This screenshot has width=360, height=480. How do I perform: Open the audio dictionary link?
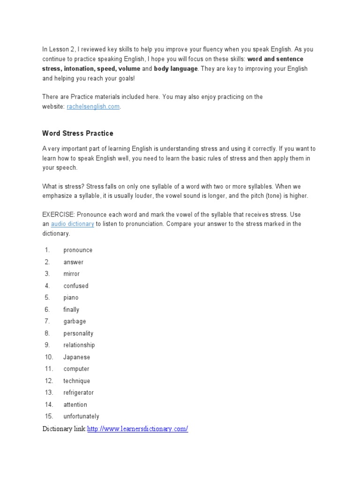coord(73,224)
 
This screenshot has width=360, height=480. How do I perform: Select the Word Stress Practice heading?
coord(78,134)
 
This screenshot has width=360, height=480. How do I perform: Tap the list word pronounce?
coord(78,250)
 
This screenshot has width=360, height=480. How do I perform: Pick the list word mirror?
coord(72,274)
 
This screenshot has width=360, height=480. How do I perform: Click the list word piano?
coord(71,298)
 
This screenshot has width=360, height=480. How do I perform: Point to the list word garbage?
coord(75,322)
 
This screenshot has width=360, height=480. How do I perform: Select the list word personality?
coord(78,333)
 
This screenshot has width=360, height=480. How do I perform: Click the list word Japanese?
coord(77,357)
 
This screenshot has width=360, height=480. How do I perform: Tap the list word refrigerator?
coord(79,392)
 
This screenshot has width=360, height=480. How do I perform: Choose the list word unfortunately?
coord(82,416)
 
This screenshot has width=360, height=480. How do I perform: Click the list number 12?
coord(49,381)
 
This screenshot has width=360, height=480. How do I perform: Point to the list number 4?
coord(47,285)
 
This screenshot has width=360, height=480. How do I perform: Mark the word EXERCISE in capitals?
coord(57,214)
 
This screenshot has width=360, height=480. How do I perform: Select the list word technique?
coord(77,381)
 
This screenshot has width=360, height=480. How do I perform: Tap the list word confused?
coord(76,286)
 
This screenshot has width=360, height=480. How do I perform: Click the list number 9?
coord(47,345)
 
